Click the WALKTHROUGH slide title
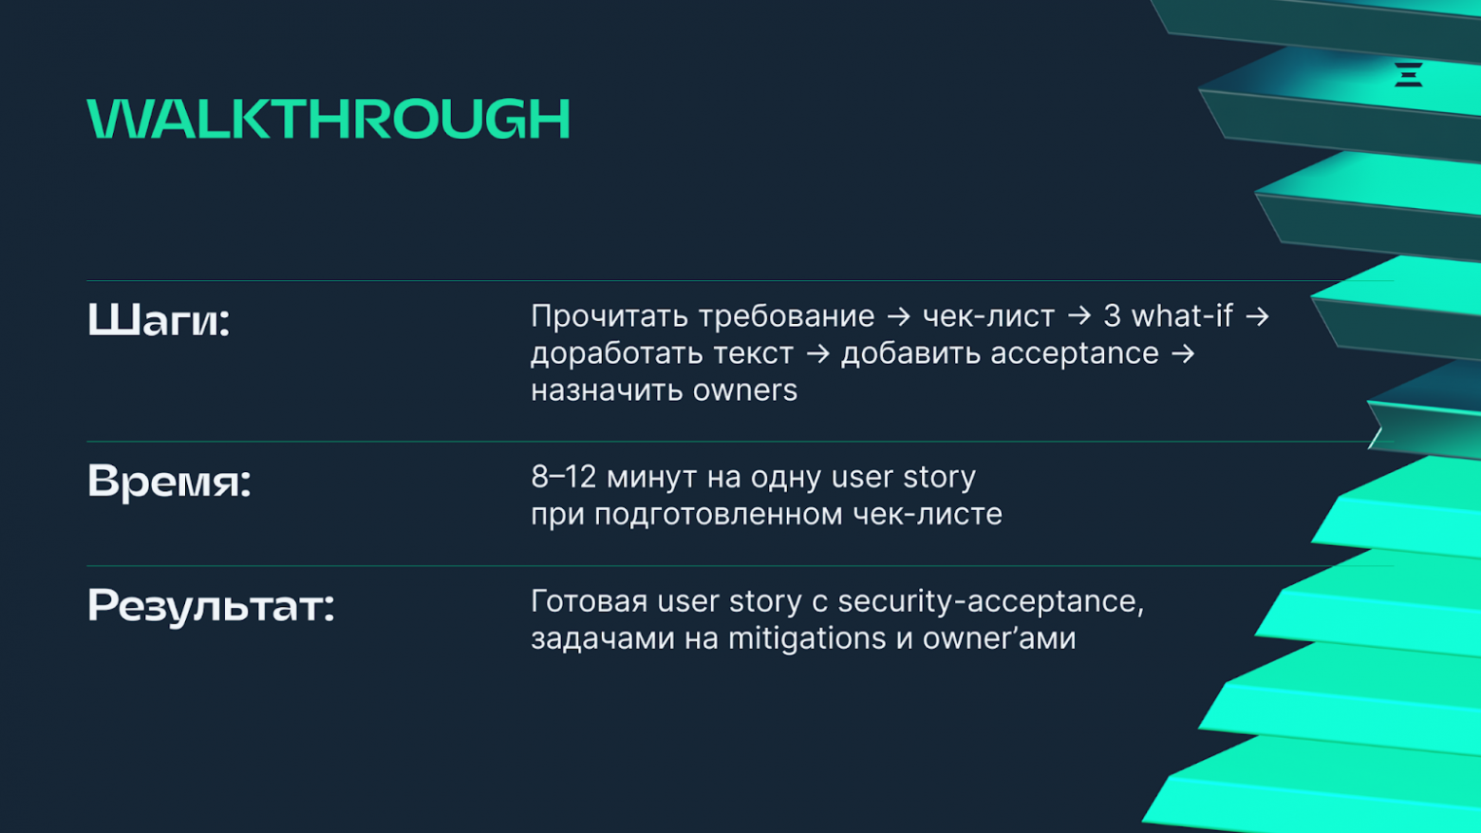tap(328, 120)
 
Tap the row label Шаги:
tap(159, 320)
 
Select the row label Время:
tap(169, 482)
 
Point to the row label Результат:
tap(211, 606)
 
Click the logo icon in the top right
tap(1408, 74)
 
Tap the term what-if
tap(1182, 315)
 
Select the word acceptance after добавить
tap(1075, 354)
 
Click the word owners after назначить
tap(745, 390)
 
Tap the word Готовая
tap(589, 602)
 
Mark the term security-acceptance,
tap(991, 602)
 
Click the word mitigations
tap(807, 639)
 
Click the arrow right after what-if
tap(1257, 316)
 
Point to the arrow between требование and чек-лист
tap(898, 316)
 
